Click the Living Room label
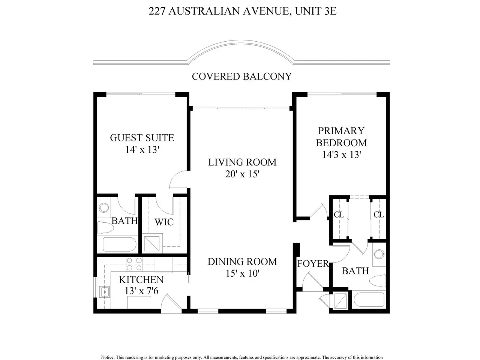tap(242, 162)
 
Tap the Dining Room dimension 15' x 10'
tap(243, 273)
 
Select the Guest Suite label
tap(142, 138)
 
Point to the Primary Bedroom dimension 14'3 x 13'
tap(341, 155)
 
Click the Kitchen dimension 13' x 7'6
tap(141, 291)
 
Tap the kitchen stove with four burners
tap(134, 264)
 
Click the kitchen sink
tap(105, 292)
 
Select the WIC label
tap(164, 222)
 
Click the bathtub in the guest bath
tap(119, 244)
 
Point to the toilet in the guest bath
tap(105, 228)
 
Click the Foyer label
tap(313, 264)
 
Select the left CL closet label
tap(339, 215)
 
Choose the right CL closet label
tap(378, 215)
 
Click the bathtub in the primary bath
tap(369, 300)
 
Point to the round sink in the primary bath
tap(379, 254)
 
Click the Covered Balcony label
tap(241, 76)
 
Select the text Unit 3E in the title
tap(315, 11)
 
